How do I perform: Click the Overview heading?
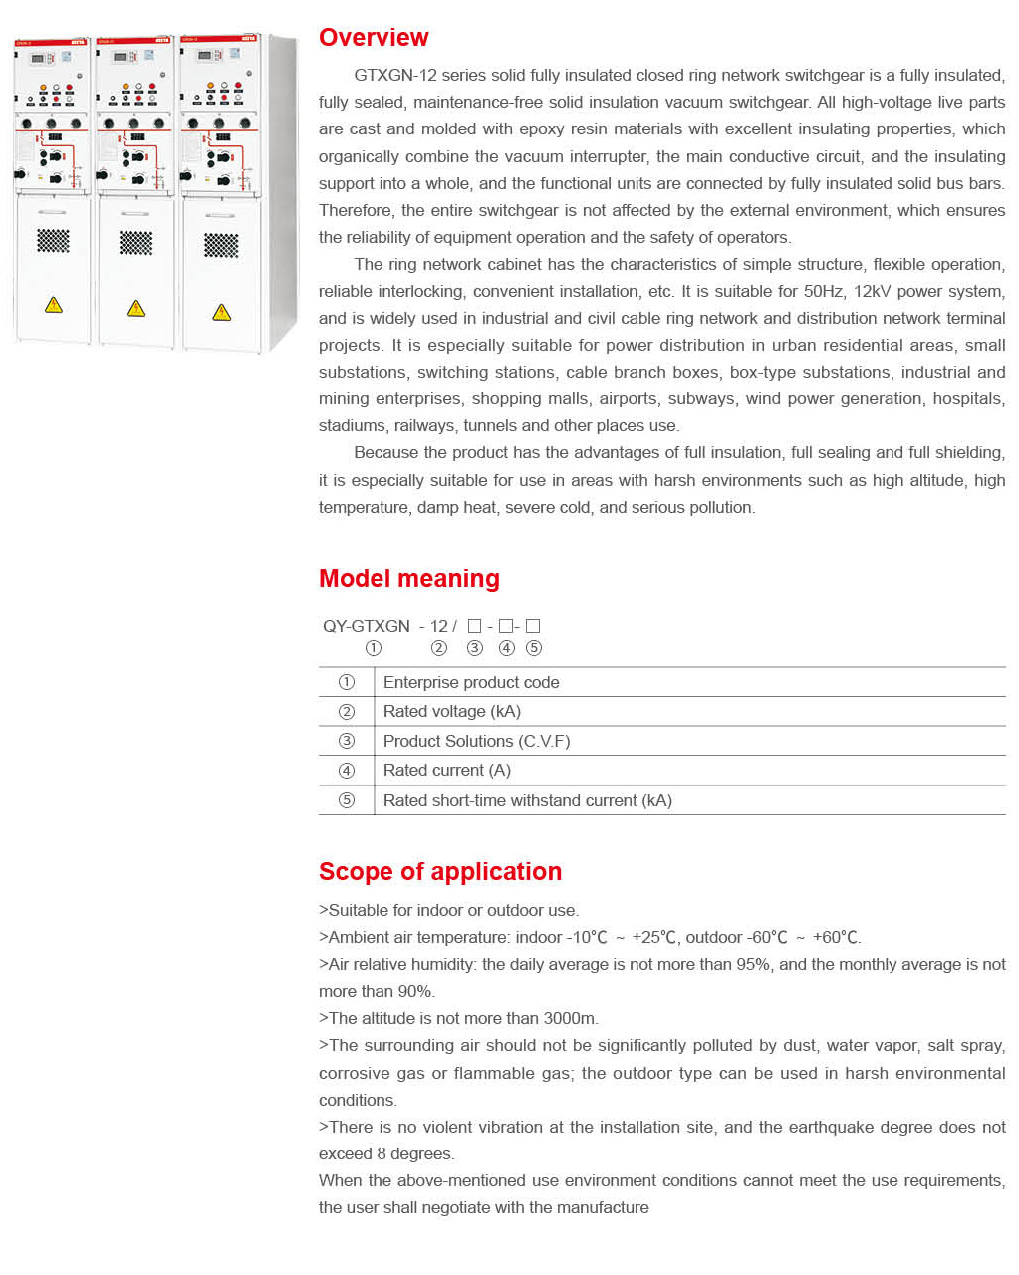click(374, 38)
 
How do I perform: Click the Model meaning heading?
click(408, 579)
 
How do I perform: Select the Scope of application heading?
click(439, 872)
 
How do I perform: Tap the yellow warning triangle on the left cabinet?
click(54, 305)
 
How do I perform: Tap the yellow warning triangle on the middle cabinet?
click(136, 309)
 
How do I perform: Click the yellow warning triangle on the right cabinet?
click(221, 313)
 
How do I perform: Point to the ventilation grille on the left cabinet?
click(53, 240)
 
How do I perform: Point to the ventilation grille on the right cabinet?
click(221, 245)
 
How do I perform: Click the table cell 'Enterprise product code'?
click(471, 682)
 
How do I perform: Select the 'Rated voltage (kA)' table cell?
click(451, 711)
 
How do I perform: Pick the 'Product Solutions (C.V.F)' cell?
click(476, 741)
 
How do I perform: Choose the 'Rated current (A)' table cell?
click(446, 770)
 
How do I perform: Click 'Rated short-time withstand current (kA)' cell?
click(527, 800)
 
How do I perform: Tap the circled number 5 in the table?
click(347, 800)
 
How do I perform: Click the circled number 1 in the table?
click(347, 682)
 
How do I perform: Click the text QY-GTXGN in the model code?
click(367, 626)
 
